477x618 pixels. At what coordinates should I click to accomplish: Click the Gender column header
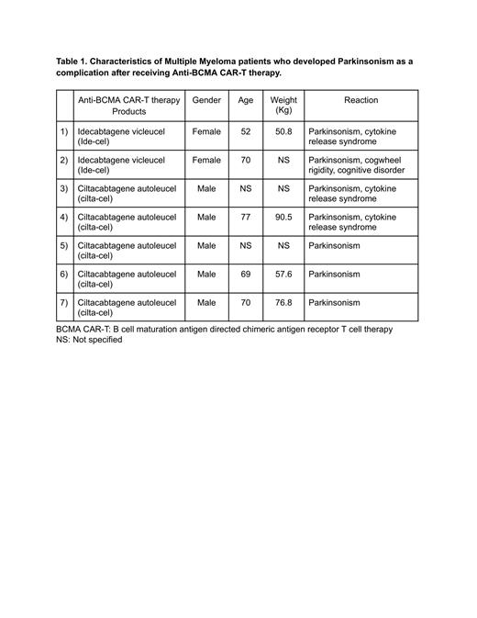206,100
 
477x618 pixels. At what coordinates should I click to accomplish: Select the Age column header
246,100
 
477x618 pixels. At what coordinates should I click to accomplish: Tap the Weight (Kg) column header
283,105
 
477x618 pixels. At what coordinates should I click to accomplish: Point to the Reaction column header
361,100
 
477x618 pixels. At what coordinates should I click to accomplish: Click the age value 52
246,131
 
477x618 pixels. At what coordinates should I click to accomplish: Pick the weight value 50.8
283,131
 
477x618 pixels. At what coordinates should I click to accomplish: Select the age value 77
246,218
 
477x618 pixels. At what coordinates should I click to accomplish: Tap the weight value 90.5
283,218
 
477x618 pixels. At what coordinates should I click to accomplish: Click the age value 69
246,275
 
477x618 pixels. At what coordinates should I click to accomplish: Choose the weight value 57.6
283,275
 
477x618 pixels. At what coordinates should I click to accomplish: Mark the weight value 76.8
283,303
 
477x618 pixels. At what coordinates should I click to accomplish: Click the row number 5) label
63,246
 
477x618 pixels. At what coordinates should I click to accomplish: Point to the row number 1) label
63,131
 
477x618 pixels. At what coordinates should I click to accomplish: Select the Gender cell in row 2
206,160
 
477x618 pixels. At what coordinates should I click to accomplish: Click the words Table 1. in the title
74,61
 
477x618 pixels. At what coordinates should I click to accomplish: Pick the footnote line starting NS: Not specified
89,339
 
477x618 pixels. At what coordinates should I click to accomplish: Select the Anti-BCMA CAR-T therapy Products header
128,105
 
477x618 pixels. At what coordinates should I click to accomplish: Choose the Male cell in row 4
206,218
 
